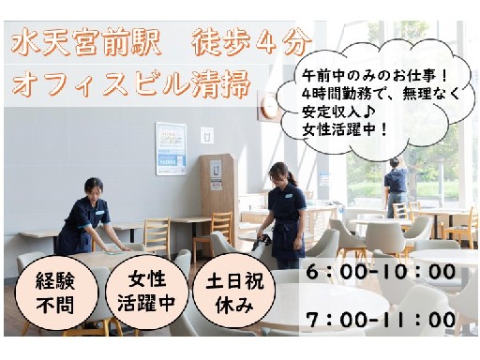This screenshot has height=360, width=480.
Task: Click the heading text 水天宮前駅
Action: [85, 44]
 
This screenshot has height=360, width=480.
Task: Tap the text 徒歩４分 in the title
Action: [252, 44]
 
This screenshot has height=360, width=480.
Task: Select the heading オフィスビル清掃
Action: [131, 83]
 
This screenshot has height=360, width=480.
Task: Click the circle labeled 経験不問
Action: [56, 292]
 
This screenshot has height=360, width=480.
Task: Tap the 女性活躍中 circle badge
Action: [146, 292]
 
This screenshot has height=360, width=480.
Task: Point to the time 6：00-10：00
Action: [381, 272]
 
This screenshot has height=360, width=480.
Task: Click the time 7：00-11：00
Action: [381, 320]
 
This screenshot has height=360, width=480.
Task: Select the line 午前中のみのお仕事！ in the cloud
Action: [376, 76]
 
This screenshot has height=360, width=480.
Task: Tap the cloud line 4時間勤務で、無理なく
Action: [382, 94]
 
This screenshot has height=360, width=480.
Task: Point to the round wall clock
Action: [269, 105]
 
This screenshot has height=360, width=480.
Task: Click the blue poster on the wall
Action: [171, 148]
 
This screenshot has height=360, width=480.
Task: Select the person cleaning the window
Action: [396, 187]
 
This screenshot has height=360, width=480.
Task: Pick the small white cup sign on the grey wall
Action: [207, 135]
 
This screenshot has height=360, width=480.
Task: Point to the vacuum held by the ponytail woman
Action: [262, 241]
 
